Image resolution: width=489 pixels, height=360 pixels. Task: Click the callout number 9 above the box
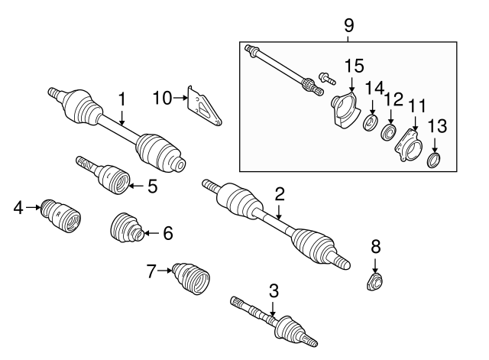349,25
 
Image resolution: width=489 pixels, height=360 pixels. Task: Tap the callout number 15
354,66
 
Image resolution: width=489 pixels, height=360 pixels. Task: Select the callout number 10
162,98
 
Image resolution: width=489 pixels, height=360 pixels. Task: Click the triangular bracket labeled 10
204,105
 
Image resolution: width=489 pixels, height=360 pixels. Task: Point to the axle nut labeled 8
375,281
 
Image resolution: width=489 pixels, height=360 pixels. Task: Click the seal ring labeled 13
433,160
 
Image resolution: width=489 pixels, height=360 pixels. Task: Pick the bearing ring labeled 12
389,132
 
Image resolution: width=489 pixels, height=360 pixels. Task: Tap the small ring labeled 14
371,122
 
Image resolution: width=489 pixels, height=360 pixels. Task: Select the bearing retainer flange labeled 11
409,145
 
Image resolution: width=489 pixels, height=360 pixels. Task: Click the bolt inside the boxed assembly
327,78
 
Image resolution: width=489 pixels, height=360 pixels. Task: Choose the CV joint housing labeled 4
61,216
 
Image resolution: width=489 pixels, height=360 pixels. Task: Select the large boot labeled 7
191,278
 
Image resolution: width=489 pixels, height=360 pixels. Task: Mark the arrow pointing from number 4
33,207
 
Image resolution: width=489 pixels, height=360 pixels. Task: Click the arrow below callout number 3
273,310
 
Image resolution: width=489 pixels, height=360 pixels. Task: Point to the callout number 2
280,194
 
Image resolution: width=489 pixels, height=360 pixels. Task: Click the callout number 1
122,99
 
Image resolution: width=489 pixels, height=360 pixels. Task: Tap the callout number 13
437,126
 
